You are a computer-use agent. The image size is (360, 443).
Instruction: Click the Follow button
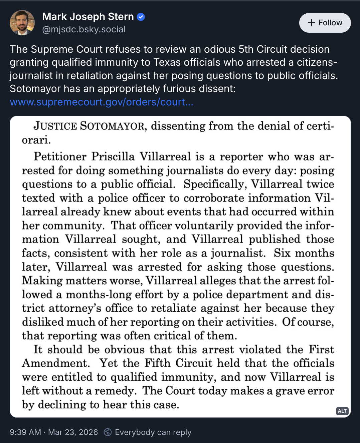[x=325, y=23]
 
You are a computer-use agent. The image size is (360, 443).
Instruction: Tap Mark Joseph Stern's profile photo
[x=22, y=23]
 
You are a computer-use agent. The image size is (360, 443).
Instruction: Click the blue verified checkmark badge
[x=141, y=17]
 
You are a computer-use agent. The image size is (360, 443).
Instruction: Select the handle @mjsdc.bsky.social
[x=84, y=29]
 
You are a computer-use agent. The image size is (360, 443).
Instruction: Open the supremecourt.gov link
[x=102, y=102]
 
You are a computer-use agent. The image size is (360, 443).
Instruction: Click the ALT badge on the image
[x=342, y=411]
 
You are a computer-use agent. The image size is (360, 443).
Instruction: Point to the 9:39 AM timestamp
[x=25, y=432]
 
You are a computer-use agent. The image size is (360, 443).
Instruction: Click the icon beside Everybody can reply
[x=108, y=432]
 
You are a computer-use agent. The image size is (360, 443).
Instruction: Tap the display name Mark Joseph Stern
[x=88, y=17]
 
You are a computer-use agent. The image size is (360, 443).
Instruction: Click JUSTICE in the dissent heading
[x=55, y=126]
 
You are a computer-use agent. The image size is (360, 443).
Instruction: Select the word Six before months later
[x=282, y=253]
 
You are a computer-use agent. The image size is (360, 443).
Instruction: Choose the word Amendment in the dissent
[x=56, y=363]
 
